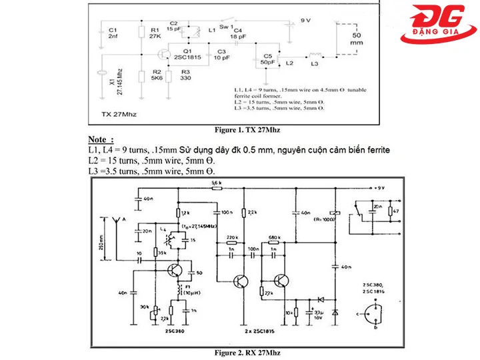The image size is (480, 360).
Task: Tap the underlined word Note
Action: pos(100,139)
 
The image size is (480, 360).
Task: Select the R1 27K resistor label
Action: pos(155,34)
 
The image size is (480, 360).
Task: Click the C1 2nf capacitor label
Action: pos(113,34)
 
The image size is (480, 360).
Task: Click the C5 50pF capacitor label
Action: pos(269,59)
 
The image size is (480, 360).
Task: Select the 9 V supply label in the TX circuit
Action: pos(306,21)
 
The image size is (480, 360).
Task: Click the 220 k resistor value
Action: pos(233,237)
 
